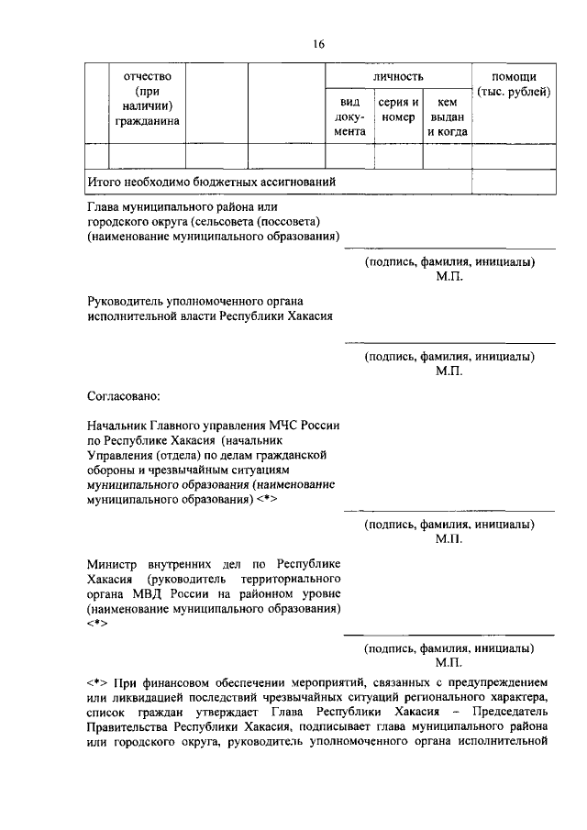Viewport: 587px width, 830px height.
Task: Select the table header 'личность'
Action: pyautogui.click(x=397, y=74)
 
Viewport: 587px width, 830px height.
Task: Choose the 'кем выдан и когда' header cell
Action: pyautogui.click(x=448, y=117)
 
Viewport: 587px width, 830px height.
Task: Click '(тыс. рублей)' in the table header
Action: pyautogui.click(x=514, y=92)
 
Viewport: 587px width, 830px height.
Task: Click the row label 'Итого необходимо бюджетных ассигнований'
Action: pyautogui.click(x=211, y=182)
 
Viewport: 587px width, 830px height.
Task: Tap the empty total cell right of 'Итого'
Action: pyautogui.click(x=513, y=182)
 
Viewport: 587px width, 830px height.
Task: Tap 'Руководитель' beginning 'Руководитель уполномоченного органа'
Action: pyautogui.click(x=127, y=300)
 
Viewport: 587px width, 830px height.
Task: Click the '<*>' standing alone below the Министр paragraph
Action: pyautogui.click(x=97, y=623)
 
